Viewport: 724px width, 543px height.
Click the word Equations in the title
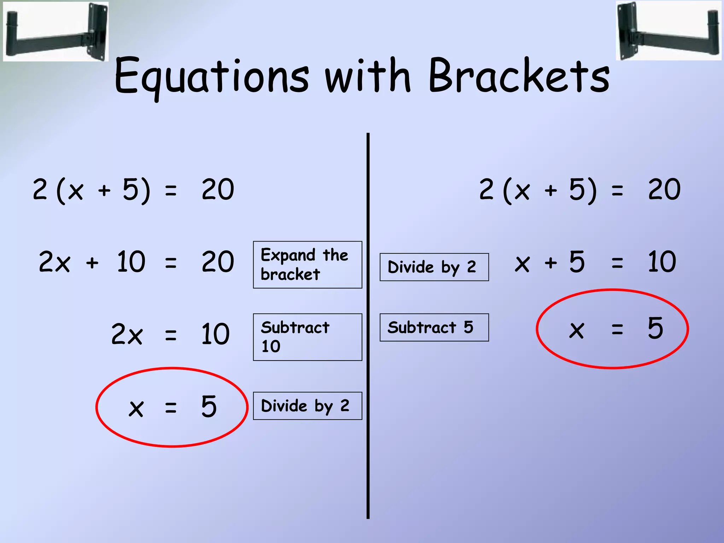(211, 76)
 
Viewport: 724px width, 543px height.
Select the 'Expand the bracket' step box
(308, 265)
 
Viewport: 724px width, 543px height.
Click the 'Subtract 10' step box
(308, 337)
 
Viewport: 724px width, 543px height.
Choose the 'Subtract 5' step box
(434, 327)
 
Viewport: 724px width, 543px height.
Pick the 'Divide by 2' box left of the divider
(308, 406)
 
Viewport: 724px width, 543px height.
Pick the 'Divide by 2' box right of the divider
(434, 267)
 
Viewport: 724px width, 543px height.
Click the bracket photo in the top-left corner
(56, 31)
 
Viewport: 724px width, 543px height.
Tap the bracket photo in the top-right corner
(668, 31)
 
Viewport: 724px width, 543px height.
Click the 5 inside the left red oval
(209, 407)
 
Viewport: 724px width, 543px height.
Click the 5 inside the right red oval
(655, 328)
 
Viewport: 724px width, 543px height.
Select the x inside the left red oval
(136, 409)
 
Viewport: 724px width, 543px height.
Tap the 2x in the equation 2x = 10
(127, 334)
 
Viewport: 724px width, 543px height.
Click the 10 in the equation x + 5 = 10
(662, 262)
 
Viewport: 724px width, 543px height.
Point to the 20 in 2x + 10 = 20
(218, 262)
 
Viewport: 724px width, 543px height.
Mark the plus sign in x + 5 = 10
(551, 263)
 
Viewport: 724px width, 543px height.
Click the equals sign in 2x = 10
(171, 334)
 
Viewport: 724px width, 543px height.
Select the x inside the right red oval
(576, 330)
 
